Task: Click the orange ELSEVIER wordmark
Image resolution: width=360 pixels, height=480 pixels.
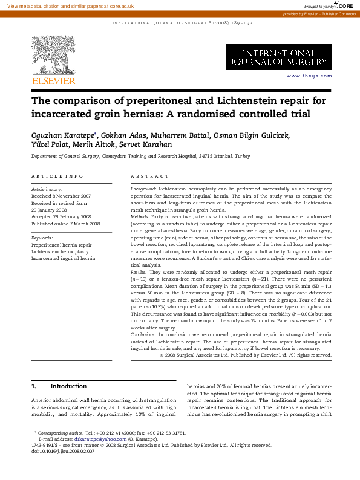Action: coord(54,80)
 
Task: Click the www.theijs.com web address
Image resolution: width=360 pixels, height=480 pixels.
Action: coord(309,76)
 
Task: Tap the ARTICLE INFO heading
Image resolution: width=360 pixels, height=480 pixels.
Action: coord(57,176)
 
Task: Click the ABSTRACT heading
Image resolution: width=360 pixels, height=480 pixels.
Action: coord(150,176)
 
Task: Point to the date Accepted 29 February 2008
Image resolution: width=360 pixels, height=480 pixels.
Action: coord(61,216)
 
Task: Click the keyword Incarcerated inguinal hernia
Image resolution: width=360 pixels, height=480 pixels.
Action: coord(63,258)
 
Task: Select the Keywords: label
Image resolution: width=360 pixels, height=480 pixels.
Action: coord(42,238)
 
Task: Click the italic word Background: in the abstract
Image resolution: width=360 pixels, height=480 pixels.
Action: coord(143,189)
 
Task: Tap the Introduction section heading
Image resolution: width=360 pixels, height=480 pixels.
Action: coord(68,386)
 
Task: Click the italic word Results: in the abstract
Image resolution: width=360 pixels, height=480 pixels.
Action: coord(140,273)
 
